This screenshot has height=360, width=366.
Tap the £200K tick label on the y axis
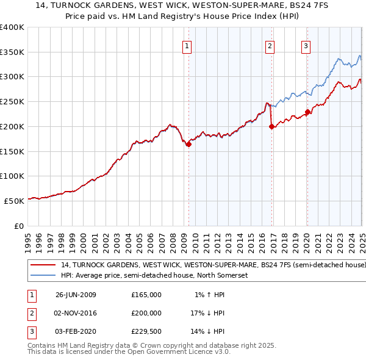point(13,126)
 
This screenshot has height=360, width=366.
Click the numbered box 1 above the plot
point(186,45)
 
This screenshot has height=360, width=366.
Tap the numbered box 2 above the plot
point(270,45)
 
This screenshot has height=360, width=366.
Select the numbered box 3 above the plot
point(306,45)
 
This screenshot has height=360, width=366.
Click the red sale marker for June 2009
point(189,144)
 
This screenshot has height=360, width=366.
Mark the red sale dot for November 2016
point(271,127)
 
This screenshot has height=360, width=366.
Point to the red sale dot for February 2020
point(308,112)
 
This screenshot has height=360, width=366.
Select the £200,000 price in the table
point(146,313)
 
